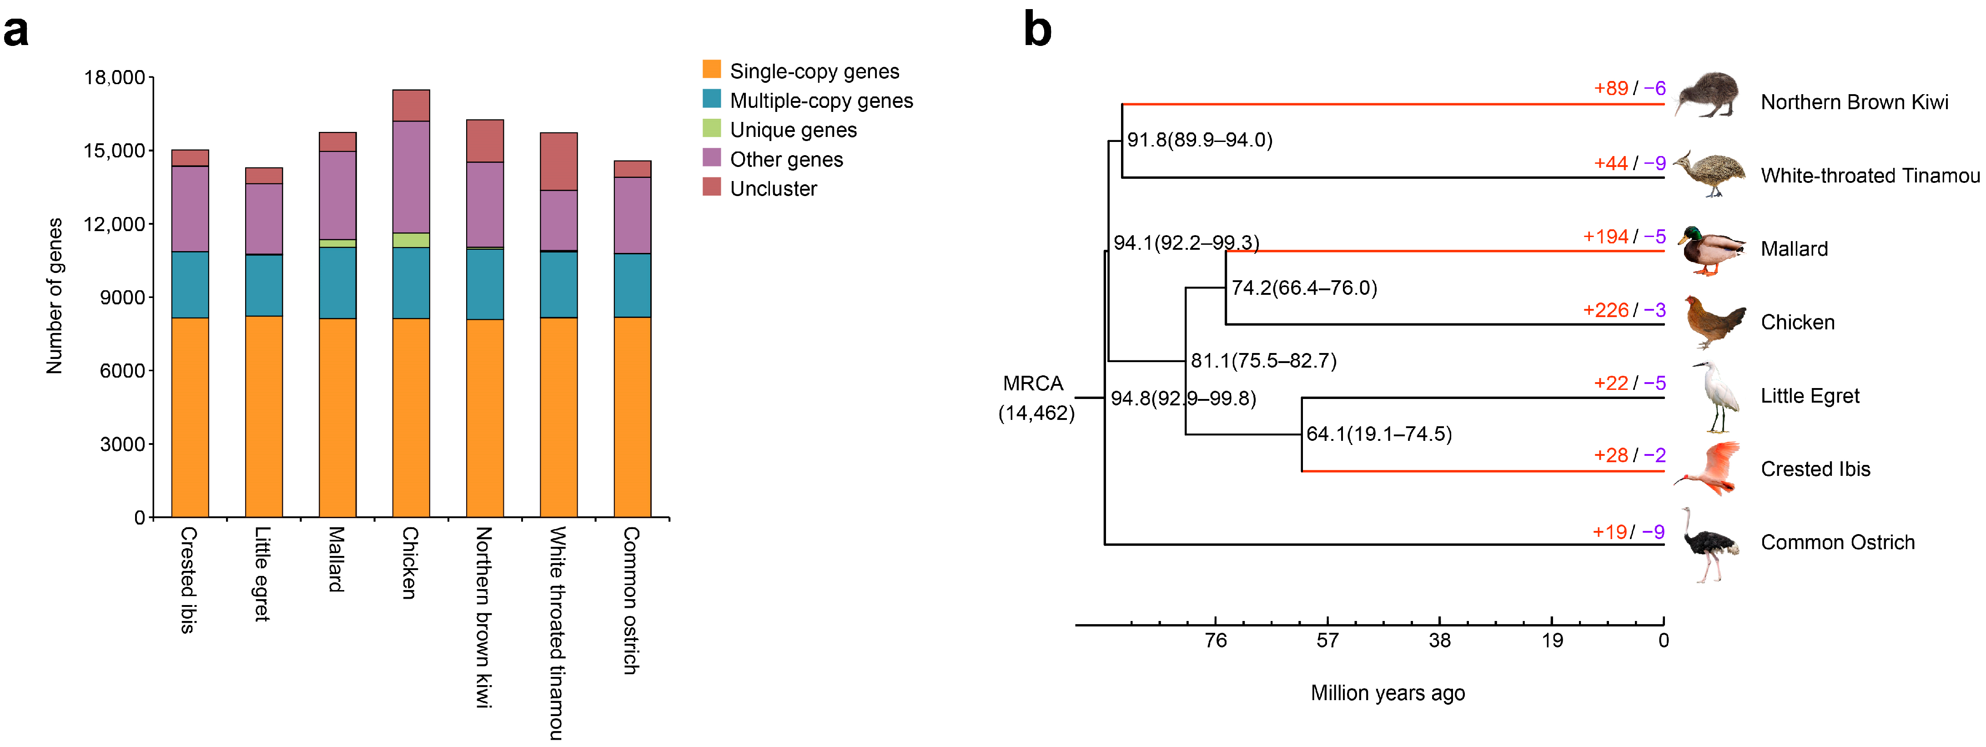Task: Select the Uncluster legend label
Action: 773,189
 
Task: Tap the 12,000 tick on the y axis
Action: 114,224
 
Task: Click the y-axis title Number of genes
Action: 55,296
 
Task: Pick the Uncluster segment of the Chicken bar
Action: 411,106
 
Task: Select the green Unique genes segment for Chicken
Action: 411,240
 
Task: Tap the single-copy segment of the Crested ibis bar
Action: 190,416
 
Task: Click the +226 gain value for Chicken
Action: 1605,310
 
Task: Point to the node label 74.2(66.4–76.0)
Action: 1304,288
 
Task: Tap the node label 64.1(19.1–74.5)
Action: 1378,434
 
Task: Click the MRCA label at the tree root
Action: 1033,383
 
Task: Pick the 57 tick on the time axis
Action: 1327,640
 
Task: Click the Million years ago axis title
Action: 1387,693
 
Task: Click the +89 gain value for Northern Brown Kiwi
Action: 1610,89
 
